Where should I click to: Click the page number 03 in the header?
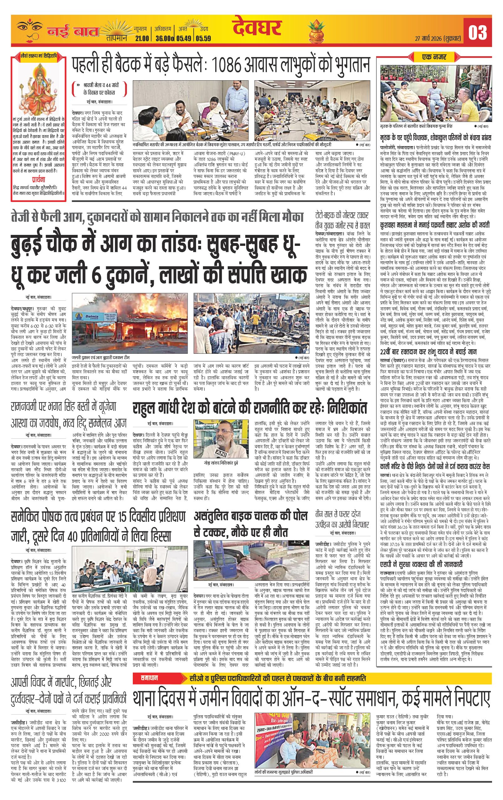click(477, 33)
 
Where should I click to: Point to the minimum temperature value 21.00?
click(142, 39)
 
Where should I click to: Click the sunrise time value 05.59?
click(203, 39)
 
